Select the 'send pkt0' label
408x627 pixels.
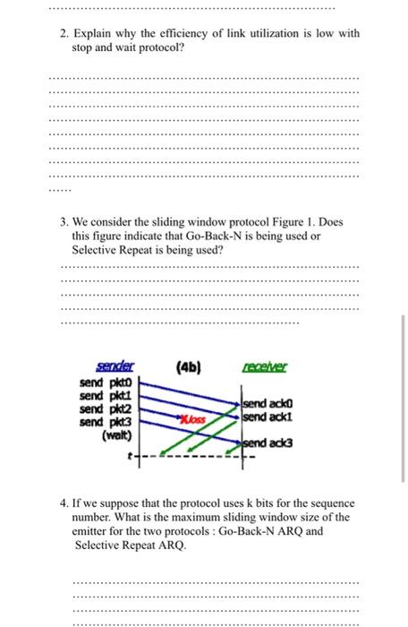coord(106,383)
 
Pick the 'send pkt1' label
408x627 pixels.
coord(106,395)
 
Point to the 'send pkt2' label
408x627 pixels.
coord(106,407)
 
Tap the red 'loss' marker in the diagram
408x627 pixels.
coord(191,418)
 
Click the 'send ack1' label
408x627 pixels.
coord(266,417)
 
